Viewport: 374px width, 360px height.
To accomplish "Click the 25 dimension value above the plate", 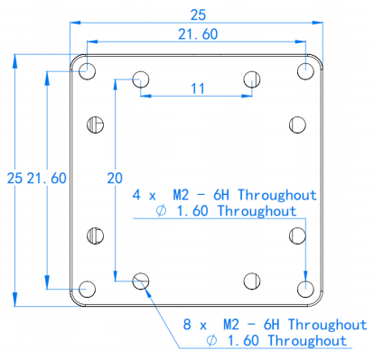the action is pos(198,15).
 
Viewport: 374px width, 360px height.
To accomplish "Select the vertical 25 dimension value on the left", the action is pos(14,179).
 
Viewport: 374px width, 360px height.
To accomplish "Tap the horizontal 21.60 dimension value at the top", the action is pos(198,34).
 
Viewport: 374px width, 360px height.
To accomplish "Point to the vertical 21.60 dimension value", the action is pos(47,179).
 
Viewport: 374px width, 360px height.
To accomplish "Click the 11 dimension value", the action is pos(198,88).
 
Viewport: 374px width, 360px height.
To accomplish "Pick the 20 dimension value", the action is pos(115,179).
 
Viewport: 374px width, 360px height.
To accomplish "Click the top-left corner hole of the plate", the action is pos(87,71).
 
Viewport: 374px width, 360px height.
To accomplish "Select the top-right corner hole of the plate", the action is pos(305,71).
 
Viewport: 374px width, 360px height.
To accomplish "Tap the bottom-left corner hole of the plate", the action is pos(87,289).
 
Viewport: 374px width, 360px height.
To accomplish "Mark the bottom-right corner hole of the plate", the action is pos(305,289).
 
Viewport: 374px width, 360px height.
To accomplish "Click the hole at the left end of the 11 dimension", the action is pos(141,79).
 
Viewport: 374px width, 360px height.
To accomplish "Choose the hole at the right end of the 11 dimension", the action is pos(252,79).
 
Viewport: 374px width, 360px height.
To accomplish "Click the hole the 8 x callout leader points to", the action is pos(141,282).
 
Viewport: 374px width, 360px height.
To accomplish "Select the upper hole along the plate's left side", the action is pos(96,125).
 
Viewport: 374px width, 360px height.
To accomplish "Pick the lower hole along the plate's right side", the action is pos(297,235).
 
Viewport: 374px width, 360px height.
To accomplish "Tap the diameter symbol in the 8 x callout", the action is pos(211,340).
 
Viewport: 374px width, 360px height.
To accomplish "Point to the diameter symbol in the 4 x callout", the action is pos(161,210).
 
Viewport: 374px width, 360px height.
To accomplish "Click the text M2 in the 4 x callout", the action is pos(181,195).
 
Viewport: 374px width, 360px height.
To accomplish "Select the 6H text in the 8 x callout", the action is pos(271,325).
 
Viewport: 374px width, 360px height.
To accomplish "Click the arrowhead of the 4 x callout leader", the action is pos(305,276).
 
